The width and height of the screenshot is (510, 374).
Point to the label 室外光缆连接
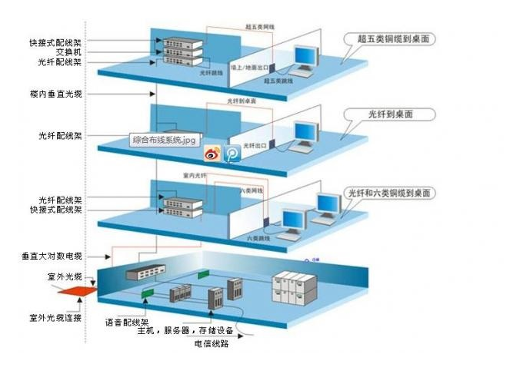(57, 317)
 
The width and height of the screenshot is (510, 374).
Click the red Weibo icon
(212, 154)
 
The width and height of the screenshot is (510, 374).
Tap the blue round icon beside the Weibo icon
(232, 154)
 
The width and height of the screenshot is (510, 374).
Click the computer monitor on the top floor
(306, 57)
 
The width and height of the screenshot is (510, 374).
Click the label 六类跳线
(257, 239)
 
